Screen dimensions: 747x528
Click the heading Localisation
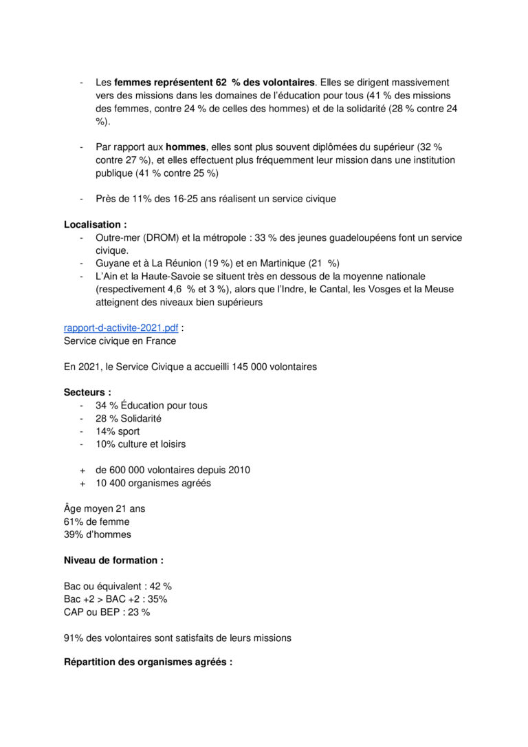click(95, 224)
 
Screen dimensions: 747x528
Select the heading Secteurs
click(87, 392)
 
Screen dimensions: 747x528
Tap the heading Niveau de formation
click(113, 561)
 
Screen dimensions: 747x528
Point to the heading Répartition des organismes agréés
click(148, 662)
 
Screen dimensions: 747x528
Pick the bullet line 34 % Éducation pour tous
click(151, 405)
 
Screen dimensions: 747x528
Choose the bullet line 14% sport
click(118, 431)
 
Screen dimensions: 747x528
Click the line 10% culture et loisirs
click(140, 444)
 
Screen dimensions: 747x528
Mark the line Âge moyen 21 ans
click(104, 509)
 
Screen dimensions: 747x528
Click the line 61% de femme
click(96, 521)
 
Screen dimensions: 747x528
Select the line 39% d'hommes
click(97, 534)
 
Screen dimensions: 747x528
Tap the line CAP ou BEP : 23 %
click(107, 611)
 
